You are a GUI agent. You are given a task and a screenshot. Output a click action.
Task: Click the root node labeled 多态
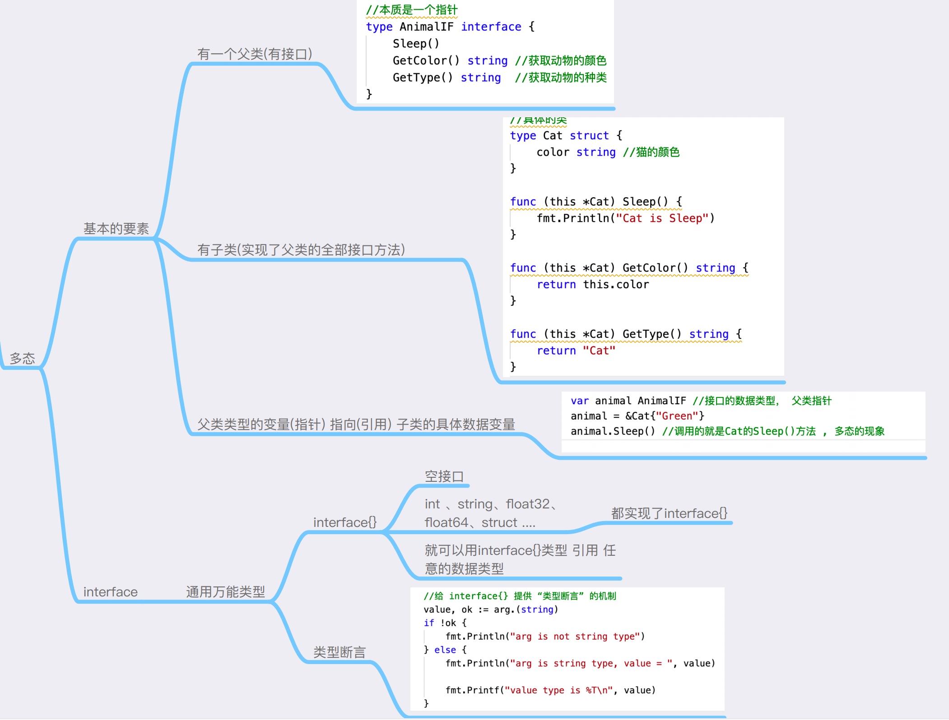coord(23,359)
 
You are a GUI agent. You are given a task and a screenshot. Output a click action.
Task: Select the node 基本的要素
coord(116,229)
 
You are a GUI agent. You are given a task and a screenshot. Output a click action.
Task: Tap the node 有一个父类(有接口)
coord(255,54)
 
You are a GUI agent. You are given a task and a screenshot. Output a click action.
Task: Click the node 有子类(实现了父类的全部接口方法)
coord(301,250)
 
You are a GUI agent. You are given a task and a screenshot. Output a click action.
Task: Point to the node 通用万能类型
coord(225,592)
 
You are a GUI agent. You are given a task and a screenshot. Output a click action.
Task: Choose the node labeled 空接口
coord(444,476)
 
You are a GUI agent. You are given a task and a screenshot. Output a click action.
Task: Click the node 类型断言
coord(340,652)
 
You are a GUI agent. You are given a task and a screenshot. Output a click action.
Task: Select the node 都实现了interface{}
coord(669,513)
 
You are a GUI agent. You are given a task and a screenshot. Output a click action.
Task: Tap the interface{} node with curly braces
coord(345,522)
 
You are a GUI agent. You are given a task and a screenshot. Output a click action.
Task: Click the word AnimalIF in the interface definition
coord(426,27)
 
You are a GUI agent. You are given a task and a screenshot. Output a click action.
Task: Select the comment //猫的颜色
coord(651,152)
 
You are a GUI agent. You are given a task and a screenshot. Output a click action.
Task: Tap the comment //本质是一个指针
coord(412,10)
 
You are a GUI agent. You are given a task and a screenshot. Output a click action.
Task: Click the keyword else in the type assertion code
coord(445,650)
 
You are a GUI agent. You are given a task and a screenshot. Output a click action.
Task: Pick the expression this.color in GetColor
coord(616,285)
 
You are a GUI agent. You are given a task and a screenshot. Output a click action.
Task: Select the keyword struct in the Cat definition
coord(589,136)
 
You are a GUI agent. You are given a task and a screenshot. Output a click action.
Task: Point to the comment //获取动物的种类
coord(561,78)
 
